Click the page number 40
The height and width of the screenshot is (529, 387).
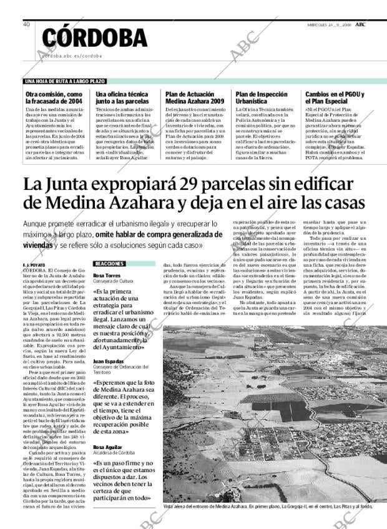pos(27,24)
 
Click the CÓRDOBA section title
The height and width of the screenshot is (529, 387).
pos(95,39)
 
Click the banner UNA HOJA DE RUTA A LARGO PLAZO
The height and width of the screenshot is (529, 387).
pos(65,81)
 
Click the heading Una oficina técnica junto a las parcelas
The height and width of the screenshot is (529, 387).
pos(122,97)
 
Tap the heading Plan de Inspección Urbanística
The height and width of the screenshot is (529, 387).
pos(260,97)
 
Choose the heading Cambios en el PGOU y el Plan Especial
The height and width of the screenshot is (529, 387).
pos(335,97)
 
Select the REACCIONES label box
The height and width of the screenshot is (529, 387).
pos(109,264)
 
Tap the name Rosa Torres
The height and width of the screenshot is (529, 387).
pos(105,275)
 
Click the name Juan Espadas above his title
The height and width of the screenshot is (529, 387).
pos(107,361)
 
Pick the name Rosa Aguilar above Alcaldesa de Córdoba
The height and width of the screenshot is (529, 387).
pos(106,447)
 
